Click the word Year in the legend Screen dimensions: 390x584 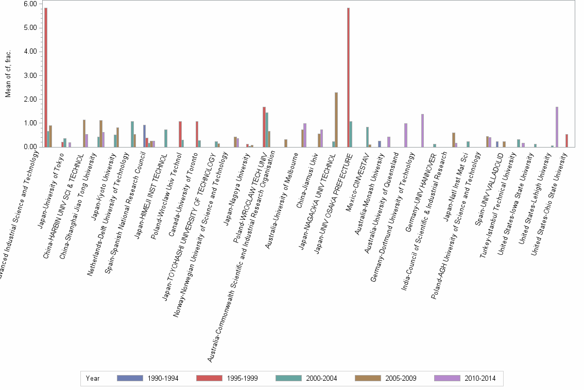tap(93, 378)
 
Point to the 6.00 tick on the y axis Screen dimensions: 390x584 tap(30, 4)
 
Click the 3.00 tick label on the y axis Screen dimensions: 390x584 tap(30, 75)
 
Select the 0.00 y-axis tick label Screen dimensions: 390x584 tap(30, 147)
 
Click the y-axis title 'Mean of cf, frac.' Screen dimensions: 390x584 tap(8, 75)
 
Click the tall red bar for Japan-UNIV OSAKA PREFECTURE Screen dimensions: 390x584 tap(348, 77)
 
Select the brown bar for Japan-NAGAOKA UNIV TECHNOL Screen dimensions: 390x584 tap(336, 120)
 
